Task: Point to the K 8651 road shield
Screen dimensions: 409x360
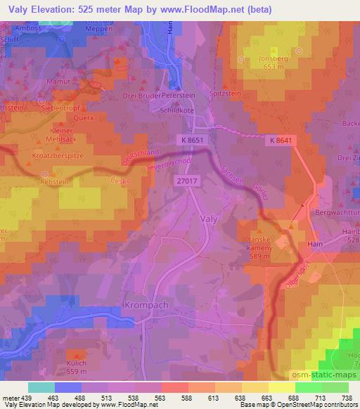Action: pyautogui.click(x=210, y=141)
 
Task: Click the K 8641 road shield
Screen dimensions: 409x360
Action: pyautogui.click(x=279, y=141)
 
